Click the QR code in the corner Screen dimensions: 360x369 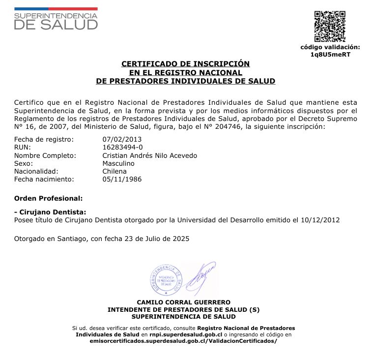coord(330,27)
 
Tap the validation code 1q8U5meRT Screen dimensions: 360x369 coord(330,55)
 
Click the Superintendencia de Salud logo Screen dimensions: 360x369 coord(56,19)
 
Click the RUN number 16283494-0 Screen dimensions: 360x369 coord(122,147)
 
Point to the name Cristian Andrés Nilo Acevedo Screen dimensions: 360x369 coord(149,155)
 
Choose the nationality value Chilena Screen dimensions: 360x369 coord(114,171)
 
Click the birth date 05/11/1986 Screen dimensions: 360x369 coord(121,179)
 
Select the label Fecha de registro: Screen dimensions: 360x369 coord(44,139)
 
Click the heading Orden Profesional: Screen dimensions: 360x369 coord(48,198)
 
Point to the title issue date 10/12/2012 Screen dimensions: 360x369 coord(323,220)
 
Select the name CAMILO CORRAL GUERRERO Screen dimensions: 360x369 coord(183,302)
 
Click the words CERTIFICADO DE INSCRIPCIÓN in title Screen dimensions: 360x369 coord(186,64)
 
